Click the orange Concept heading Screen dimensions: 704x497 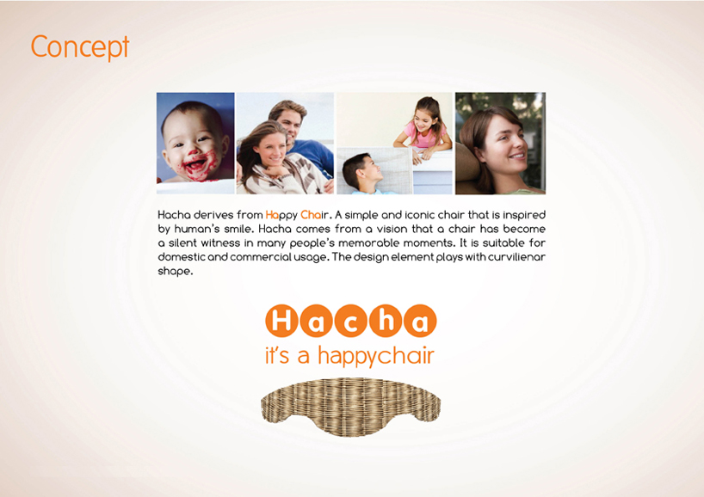[80, 46]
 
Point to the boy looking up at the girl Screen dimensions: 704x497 [364, 173]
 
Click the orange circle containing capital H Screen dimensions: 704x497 [281, 321]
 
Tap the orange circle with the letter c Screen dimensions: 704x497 [350, 321]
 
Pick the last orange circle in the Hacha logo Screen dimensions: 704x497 [420, 321]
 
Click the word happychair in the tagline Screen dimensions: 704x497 [376, 356]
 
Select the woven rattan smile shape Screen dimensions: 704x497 [350, 406]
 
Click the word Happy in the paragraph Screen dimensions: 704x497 [281, 215]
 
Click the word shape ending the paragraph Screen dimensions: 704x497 [174, 272]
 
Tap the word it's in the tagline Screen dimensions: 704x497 [277, 356]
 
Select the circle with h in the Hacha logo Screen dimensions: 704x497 [386, 321]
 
